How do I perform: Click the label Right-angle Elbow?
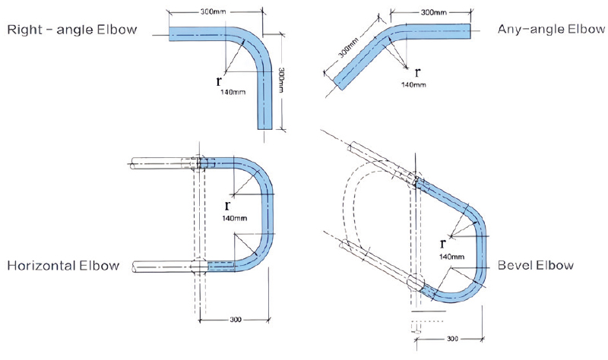click(72, 30)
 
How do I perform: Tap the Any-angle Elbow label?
click(551, 29)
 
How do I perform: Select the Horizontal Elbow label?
click(63, 266)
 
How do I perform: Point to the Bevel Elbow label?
click(536, 266)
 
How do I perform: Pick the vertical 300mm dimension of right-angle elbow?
click(281, 80)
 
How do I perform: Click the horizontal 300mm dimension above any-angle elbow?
click(433, 12)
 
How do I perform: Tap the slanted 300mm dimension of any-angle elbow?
click(349, 46)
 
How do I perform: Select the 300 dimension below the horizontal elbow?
click(236, 320)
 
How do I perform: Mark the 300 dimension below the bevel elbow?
click(452, 339)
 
